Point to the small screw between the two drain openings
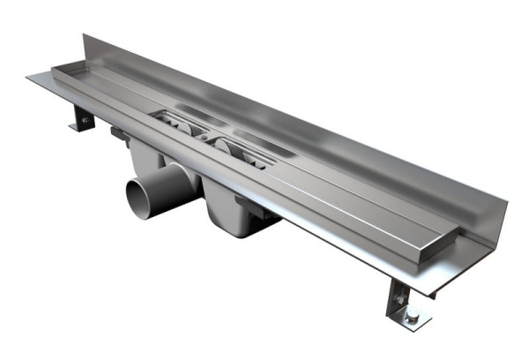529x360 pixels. pos(205,138)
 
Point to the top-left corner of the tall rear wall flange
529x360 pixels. pos(85,36)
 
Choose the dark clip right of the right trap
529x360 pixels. pos(264,217)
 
